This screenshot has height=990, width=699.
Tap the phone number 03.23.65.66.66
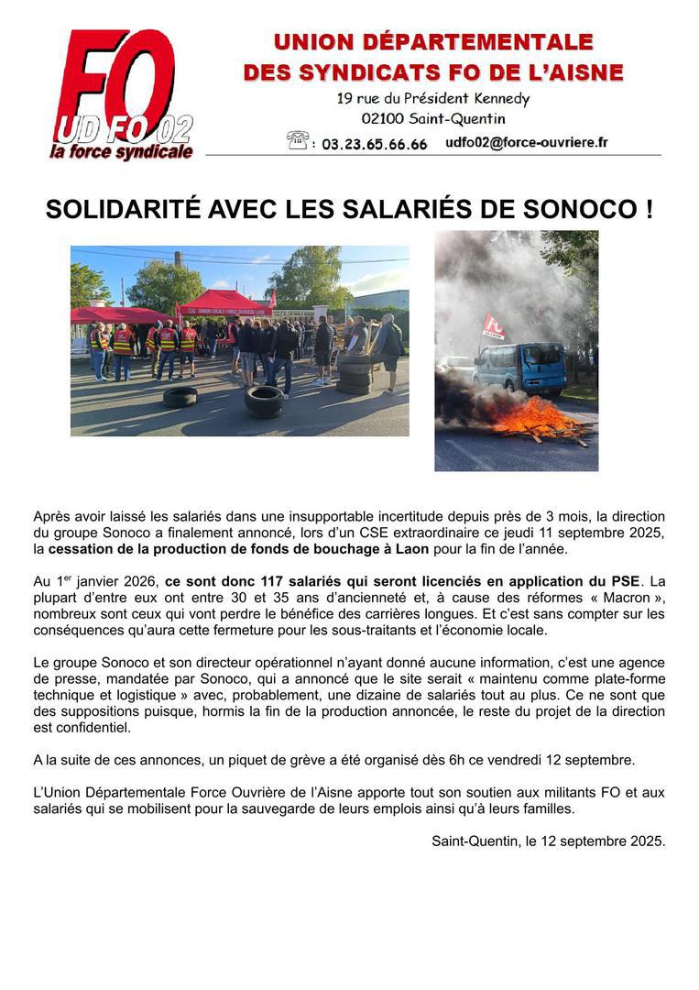(374, 145)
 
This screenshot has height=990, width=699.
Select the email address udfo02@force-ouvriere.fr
(526, 143)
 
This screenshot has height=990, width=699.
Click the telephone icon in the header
(298, 141)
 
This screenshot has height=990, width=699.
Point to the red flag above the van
(494, 325)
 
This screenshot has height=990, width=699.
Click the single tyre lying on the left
(180, 397)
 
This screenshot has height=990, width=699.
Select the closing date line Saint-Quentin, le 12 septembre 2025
(548, 841)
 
